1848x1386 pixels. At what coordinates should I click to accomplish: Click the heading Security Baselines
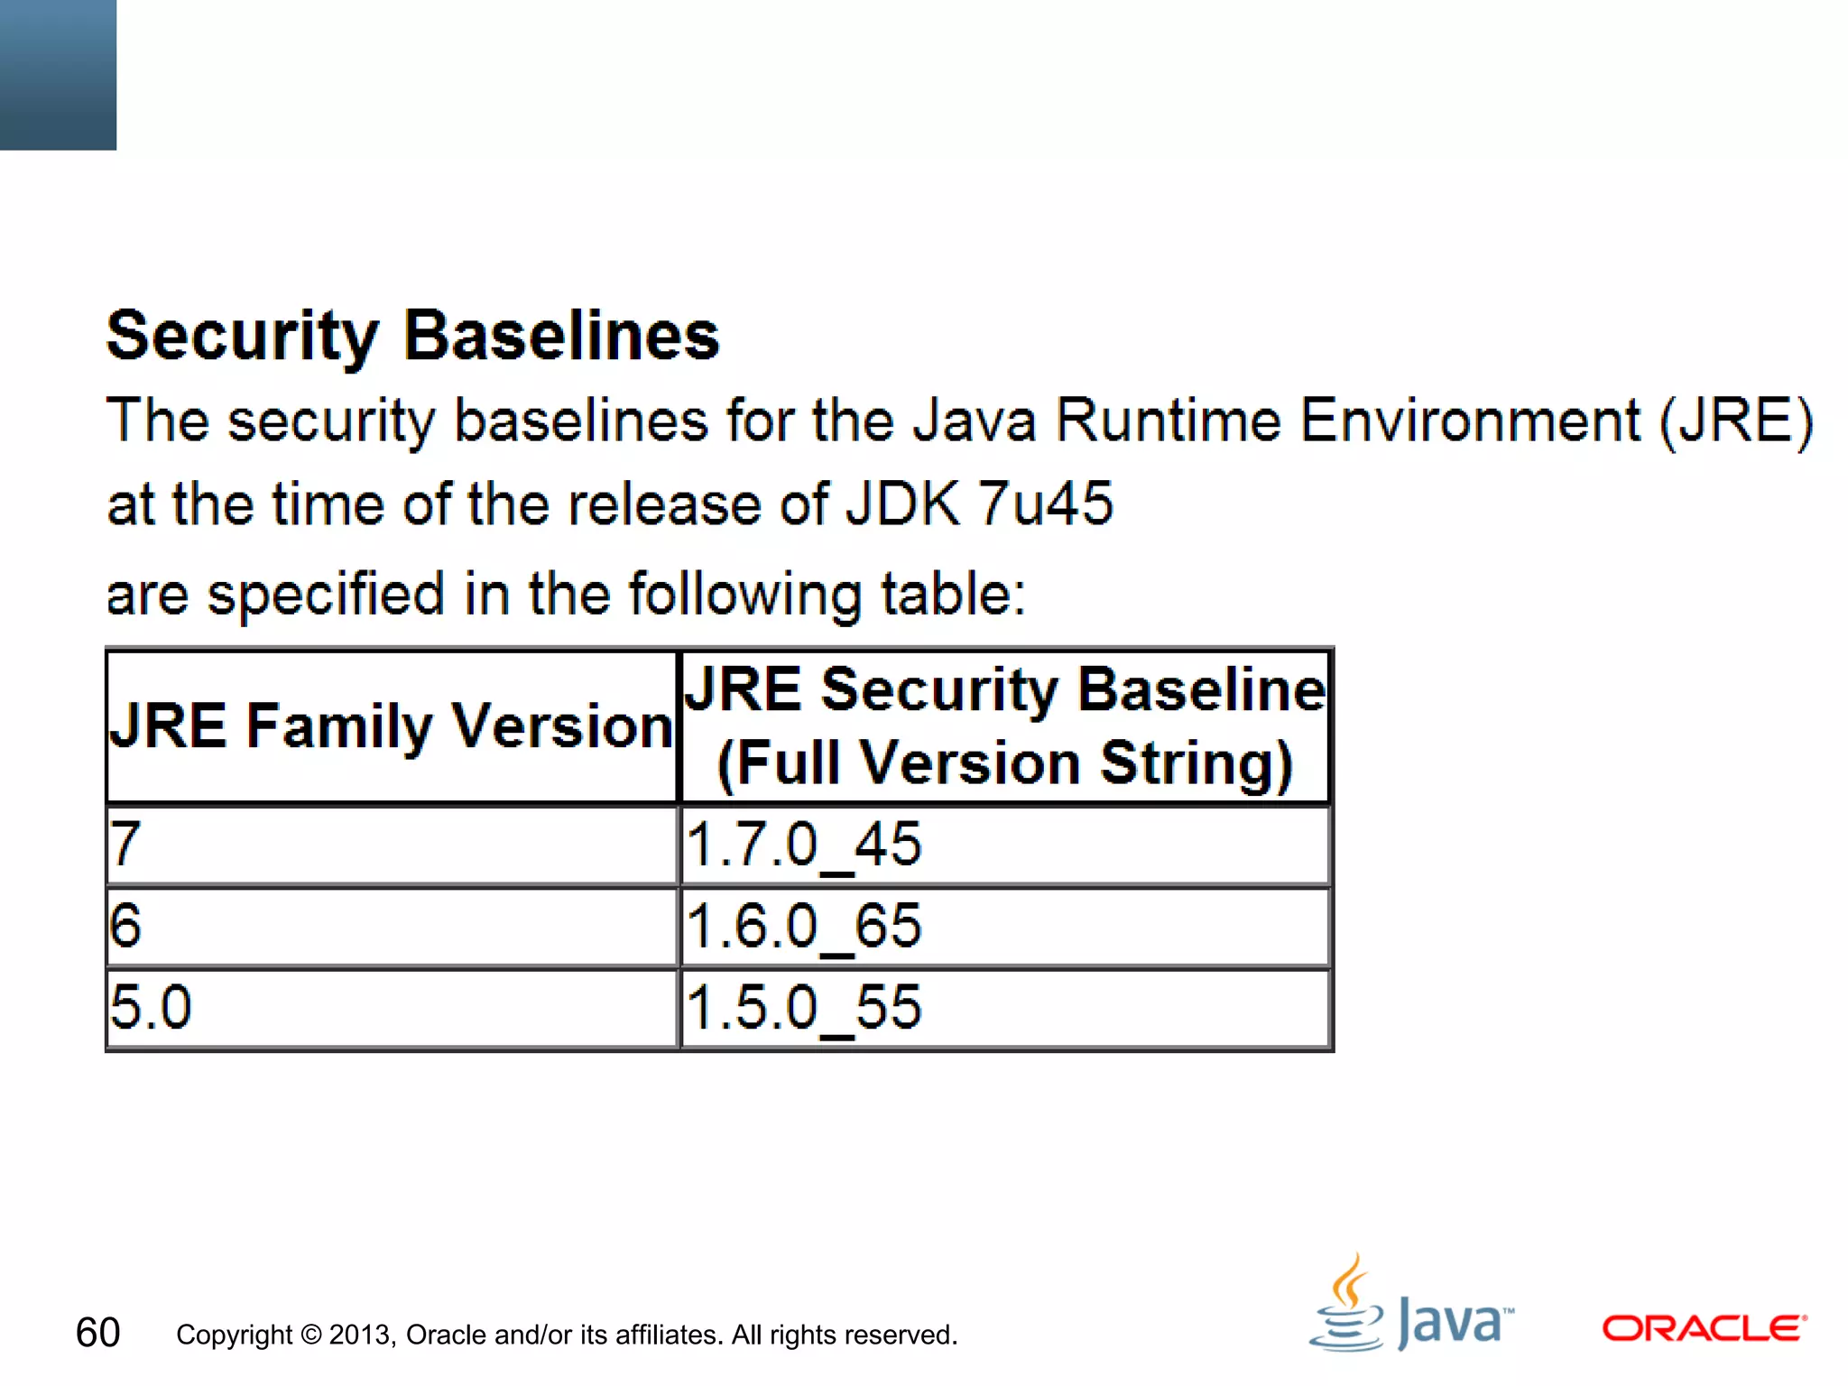(412, 336)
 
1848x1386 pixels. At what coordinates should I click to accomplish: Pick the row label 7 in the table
(125, 845)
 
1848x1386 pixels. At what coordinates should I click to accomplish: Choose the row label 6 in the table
(125, 927)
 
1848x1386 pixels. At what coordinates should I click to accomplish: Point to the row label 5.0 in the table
(151, 1008)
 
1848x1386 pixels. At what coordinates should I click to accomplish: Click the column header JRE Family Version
(391, 726)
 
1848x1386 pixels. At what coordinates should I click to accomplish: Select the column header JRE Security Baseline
(1004, 690)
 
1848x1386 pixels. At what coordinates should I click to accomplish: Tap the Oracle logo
(1704, 1328)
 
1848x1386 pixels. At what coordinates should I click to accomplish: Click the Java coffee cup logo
(1346, 1305)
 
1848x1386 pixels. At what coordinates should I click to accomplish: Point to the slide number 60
(97, 1333)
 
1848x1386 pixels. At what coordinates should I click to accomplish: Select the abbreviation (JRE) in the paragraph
(1736, 421)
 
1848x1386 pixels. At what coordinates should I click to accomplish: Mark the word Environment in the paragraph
(1470, 421)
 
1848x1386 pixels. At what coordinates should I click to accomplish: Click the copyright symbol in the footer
(311, 1335)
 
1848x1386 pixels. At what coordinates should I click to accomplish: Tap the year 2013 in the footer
(361, 1335)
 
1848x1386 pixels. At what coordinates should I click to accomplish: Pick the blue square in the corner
(58, 74)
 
